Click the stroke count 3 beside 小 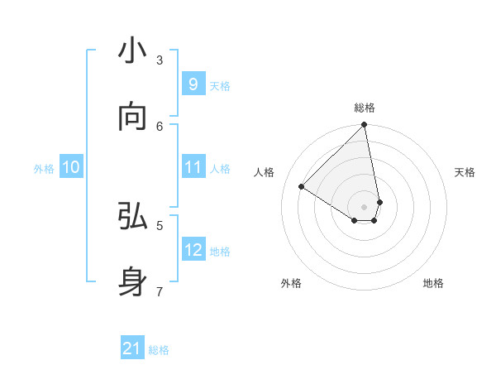pos(160,60)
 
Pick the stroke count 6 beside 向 pos(160,126)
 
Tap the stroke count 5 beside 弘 pos(160,224)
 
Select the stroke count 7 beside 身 pos(160,291)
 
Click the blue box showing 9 pos(193,84)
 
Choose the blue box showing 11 pos(193,167)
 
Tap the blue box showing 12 pos(193,249)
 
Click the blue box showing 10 pos(71,167)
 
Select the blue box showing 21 pos(132,348)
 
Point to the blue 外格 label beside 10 pos(44,168)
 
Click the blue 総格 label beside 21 pos(159,350)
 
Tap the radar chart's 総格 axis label pos(365,108)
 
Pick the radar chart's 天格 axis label pos(465,172)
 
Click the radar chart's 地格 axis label pos(433,283)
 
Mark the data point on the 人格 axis pos(302,187)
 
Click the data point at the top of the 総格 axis pos(365,125)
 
